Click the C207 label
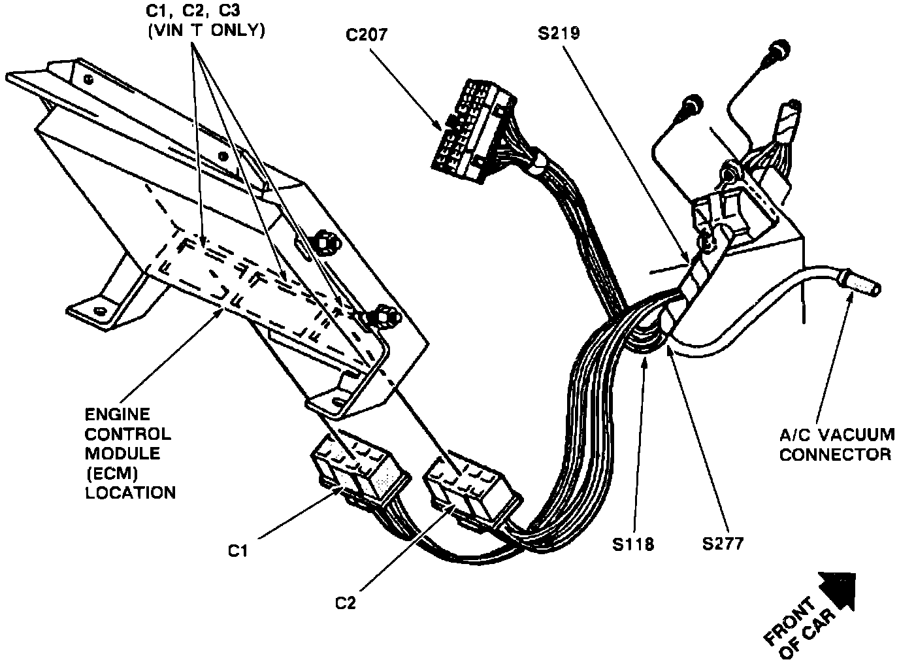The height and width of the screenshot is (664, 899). coord(367,35)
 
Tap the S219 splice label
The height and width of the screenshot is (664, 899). coord(559,33)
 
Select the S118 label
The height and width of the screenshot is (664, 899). coord(633,544)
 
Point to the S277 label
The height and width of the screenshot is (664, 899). coord(723,544)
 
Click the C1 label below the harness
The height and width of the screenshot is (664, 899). coord(238,551)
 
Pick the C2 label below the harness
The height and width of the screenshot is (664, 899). coord(346,603)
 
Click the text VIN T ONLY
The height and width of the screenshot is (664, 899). coord(206,31)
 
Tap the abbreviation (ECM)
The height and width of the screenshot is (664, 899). coord(112,473)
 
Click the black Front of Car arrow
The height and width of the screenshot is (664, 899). coord(837,591)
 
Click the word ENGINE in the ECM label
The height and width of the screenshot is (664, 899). coord(118,414)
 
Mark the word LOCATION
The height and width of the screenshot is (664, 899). coord(130,493)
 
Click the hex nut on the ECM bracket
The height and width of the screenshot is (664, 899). coord(323,242)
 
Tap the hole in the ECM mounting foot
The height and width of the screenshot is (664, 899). coord(98,310)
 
